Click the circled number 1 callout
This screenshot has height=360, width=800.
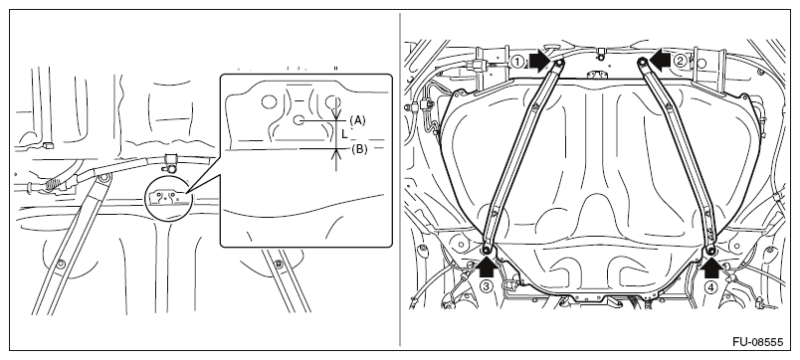(517, 63)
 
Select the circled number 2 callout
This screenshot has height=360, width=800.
(680, 62)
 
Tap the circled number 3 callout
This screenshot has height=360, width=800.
(486, 286)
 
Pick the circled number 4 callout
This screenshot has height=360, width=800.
(710, 287)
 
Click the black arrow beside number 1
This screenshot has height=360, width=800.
(539, 61)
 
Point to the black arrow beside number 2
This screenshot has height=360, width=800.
(659, 61)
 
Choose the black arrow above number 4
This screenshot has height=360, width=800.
(711, 267)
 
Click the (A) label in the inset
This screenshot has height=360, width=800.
(357, 120)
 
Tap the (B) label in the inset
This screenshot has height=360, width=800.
(358, 149)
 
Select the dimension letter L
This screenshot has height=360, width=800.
(345, 134)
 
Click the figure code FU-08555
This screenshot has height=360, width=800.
(757, 342)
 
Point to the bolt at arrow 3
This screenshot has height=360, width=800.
(487, 249)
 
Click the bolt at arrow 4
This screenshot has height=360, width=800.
(710, 250)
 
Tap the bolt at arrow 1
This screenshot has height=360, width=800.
(557, 63)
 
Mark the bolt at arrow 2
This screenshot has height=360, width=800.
(643, 63)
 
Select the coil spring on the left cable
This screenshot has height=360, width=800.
(52, 184)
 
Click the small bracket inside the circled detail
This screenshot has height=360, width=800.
(166, 196)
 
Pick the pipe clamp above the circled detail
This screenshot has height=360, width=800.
(170, 163)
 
